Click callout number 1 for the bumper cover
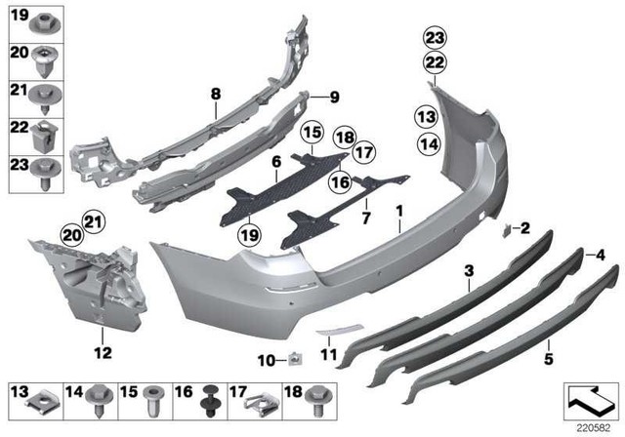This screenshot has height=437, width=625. (x=399, y=211)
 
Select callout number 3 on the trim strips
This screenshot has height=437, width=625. (x=469, y=269)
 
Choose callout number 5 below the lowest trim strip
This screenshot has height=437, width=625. (x=549, y=344)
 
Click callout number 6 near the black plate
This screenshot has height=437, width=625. (x=276, y=160)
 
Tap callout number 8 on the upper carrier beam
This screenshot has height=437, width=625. (x=214, y=94)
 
